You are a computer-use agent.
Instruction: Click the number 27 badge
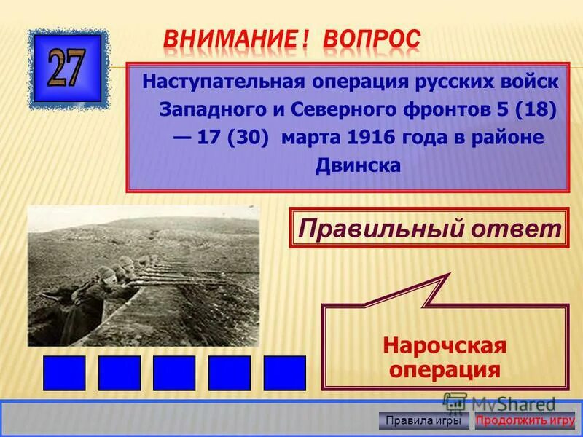68,68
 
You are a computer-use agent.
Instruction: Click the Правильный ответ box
429,228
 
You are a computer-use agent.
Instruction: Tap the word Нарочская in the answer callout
445,345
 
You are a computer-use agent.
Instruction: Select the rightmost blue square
284,373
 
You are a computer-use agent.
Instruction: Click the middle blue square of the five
174,373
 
